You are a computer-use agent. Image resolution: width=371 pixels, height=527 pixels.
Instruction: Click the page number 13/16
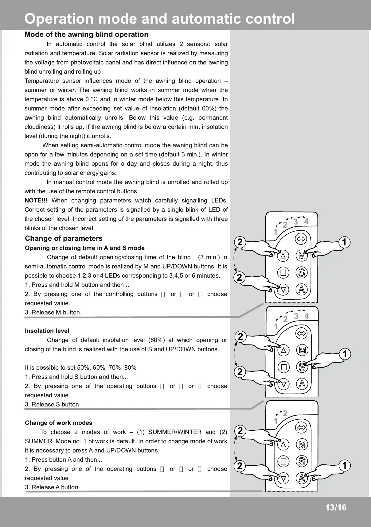(x=336, y=508)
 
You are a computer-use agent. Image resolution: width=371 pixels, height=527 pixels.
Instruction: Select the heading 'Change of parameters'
(x=64, y=238)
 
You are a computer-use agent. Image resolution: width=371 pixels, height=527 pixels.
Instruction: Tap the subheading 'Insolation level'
(x=47, y=331)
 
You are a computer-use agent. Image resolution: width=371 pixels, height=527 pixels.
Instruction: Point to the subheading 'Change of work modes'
(x=59, y=423)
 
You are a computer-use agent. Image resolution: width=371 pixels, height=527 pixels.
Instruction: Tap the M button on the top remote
(x=302, y=256)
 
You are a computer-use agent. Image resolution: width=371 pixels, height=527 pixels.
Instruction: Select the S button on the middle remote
(x=302, y=367)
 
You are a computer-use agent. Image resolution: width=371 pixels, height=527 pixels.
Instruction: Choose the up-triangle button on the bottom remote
(x=283, y=444)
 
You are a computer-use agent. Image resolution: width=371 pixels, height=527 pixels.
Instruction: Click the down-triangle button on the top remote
(x=283, y=289)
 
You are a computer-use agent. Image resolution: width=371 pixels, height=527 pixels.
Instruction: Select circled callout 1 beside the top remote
(x=344, y=242)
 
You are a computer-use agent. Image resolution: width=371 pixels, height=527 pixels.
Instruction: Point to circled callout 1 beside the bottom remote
(x=344, y=465)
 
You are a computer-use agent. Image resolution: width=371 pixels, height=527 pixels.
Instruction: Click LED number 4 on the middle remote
(x=306, y=316)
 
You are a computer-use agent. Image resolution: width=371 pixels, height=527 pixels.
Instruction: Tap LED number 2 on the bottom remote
(x=285, y=414)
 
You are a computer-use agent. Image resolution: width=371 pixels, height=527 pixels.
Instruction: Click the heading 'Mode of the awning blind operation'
(x=86, y=34)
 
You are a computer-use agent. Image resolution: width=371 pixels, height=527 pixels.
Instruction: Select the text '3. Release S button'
(x=52, y=404)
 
